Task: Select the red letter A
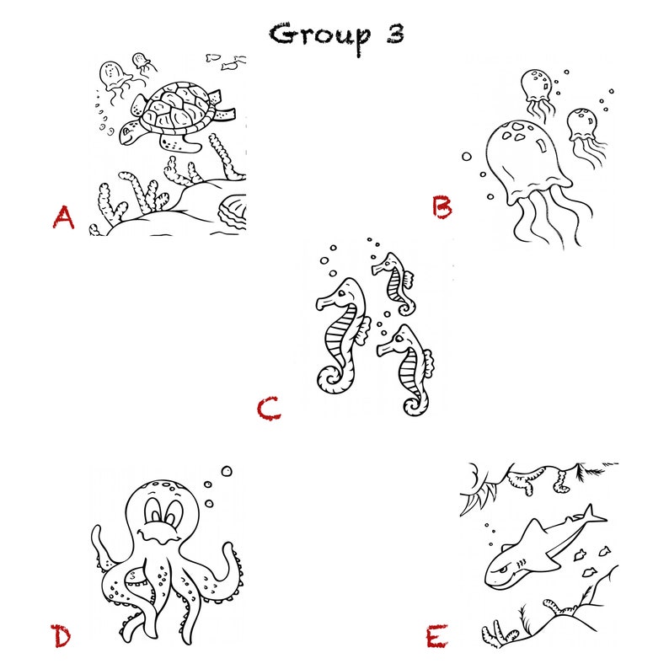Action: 63,217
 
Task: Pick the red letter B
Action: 442,206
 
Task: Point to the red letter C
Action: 269,409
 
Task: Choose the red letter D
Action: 61,636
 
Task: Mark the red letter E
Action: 436,636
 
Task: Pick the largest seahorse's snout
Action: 325,303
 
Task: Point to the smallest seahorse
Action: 394,283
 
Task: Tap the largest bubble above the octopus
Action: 227,471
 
